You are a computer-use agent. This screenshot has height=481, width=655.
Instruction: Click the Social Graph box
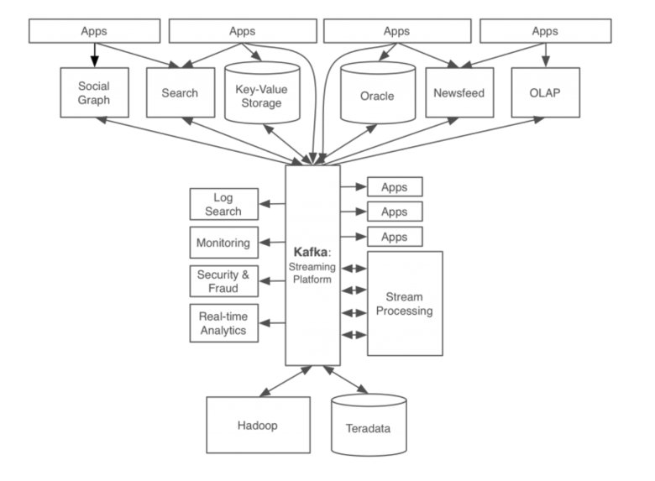[x=94, y=92]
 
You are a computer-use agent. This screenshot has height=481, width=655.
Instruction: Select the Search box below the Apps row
[x=181, y=92]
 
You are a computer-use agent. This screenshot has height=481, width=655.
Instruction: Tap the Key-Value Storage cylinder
[x=262, y=92]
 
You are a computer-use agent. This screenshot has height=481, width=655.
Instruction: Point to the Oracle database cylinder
[x=378, y=92]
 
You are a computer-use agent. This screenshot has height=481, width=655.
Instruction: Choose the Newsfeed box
[x=459, y=92]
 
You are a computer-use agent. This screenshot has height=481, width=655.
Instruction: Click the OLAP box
[x=546, y=92]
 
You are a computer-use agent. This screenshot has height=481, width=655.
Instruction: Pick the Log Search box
[x=224, y=204]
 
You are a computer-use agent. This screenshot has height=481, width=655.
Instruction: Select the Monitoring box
[x=224, y=243]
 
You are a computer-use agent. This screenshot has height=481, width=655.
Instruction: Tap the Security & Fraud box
[x=224, y=281]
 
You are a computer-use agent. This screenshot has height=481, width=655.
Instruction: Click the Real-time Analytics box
[x=224, y=323]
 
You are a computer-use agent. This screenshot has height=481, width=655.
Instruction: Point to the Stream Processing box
[x=405, y=304]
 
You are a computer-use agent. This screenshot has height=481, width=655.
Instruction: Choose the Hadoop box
[x=258, y=425]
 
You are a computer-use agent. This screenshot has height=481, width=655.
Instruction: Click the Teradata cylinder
[x=369, y=425]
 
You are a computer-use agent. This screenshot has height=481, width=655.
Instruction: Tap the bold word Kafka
[x=311, y=252]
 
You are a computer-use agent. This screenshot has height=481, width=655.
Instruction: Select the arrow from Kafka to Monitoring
[x=272, y=242]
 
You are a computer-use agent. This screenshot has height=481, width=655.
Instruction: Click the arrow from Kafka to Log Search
[x=272, y=204]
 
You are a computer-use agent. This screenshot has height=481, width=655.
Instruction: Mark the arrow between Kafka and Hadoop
[x=286, y=381]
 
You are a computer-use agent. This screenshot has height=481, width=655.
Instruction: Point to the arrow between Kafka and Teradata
[x=345, y=379]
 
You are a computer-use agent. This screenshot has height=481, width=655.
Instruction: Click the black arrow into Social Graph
[x=95, y=55]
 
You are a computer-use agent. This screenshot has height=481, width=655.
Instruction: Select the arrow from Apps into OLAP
[x=546, y=55]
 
